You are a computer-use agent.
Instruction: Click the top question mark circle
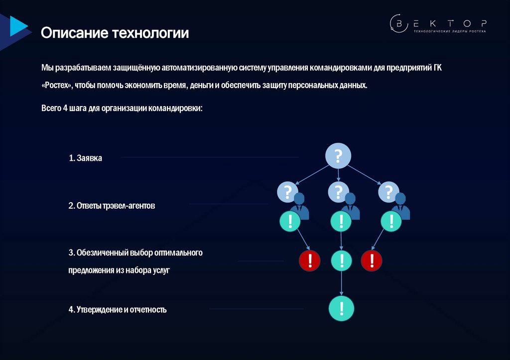point(339,156)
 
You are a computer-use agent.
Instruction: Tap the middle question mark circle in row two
point(338,192)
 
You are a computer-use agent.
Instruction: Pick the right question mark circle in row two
point(388,192)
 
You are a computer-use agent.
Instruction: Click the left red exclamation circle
point(309,260)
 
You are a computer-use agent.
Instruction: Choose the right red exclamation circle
point(371,260)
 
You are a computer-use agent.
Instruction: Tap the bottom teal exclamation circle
point(341,309)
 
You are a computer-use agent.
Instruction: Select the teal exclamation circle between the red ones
point(341,260)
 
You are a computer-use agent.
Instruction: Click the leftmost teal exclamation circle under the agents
point(290,221)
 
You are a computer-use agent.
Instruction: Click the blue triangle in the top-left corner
point(18,26)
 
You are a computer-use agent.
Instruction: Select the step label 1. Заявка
point(85,158)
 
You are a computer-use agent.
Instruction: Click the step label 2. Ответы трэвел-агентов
point(112,205)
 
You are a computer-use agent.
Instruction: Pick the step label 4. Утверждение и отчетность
point(118,310)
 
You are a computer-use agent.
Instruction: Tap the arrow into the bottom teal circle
point(341,286)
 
